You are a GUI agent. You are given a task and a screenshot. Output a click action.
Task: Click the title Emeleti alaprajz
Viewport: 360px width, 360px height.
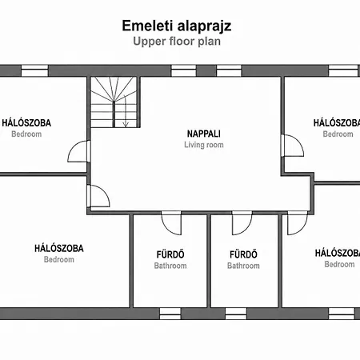click(177, 26)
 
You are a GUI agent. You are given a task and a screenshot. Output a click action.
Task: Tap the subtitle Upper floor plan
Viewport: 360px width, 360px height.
click(177, 42)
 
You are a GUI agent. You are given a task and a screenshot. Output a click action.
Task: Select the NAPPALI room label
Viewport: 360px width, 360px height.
click(204, 134)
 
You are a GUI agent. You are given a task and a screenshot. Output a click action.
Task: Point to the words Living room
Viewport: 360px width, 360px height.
click(204, 145)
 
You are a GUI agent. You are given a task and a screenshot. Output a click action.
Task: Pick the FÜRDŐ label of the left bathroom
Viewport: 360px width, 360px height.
click(170, 254)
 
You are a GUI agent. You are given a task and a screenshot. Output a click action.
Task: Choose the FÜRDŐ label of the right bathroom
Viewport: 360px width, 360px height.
click(243, 254)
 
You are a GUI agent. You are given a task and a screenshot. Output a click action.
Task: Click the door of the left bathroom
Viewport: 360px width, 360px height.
click(171, 223)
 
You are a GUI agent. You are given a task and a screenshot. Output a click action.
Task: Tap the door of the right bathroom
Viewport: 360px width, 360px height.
click(242, 223)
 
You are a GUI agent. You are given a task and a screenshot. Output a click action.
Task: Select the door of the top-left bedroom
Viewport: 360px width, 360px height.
click(79, 151)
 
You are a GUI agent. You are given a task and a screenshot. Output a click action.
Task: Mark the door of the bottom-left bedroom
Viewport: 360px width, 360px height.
click(98, 196)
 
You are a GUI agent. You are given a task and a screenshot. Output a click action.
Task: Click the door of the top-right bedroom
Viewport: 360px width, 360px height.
click(292, 146)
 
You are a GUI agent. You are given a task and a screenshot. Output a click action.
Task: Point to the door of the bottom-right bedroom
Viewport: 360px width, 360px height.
click(298, 223)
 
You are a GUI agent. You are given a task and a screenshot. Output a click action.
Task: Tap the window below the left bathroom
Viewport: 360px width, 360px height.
click(170, 314)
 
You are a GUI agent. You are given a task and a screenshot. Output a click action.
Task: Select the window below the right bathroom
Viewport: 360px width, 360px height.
click(236, 314)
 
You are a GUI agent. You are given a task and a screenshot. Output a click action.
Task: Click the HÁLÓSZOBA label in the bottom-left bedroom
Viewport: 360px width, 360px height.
click(59, 249)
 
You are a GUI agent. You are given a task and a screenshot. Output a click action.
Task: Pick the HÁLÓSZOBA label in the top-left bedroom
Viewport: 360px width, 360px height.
click(26, 123)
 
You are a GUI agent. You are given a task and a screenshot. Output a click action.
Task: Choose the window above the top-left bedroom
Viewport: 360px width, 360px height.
click(34, 70)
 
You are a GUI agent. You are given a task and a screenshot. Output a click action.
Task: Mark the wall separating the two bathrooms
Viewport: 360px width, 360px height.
click(209, 261)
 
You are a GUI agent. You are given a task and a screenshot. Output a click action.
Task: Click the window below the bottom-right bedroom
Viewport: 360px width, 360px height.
click(342, 314)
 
